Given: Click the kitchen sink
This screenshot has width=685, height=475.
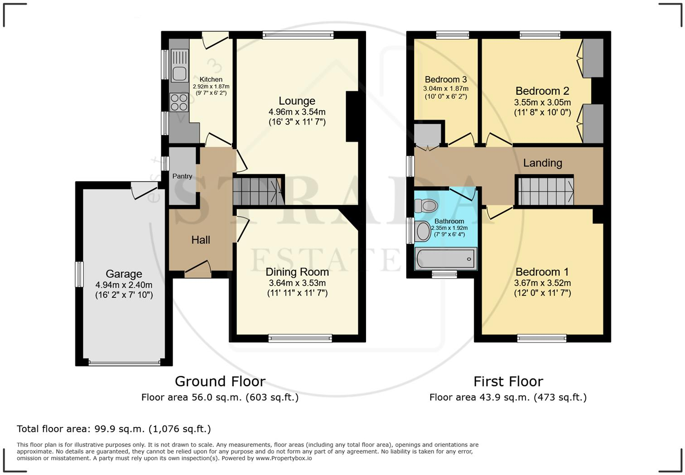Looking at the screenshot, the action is point(179,65).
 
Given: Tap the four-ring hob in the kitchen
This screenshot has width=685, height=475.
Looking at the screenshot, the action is point(179,102).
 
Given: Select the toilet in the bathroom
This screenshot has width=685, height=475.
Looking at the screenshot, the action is point(426,205).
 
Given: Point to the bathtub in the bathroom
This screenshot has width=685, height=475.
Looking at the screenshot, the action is point(446,259).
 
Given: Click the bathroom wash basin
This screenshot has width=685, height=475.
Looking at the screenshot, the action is point(423,231).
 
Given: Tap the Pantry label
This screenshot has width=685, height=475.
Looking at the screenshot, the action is point(182,176).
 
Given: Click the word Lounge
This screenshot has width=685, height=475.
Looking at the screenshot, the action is point(297,101).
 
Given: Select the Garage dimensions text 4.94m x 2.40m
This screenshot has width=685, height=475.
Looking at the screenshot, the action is point(124,285).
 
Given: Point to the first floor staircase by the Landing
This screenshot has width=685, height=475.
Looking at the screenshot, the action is point(546,191).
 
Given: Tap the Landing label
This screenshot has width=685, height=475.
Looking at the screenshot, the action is point(542,163).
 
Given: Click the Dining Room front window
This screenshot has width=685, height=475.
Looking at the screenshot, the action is point(300,338).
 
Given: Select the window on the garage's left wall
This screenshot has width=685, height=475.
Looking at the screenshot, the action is point(80,274).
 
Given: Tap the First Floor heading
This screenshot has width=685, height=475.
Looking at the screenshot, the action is point(508,382).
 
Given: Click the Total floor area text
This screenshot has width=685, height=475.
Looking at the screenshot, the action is point(114,429).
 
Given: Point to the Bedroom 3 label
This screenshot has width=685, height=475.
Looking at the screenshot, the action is point(445,79).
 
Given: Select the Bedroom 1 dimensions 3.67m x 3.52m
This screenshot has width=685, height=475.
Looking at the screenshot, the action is point(542,283).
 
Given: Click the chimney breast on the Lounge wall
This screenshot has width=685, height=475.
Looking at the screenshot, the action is point(352,116).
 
